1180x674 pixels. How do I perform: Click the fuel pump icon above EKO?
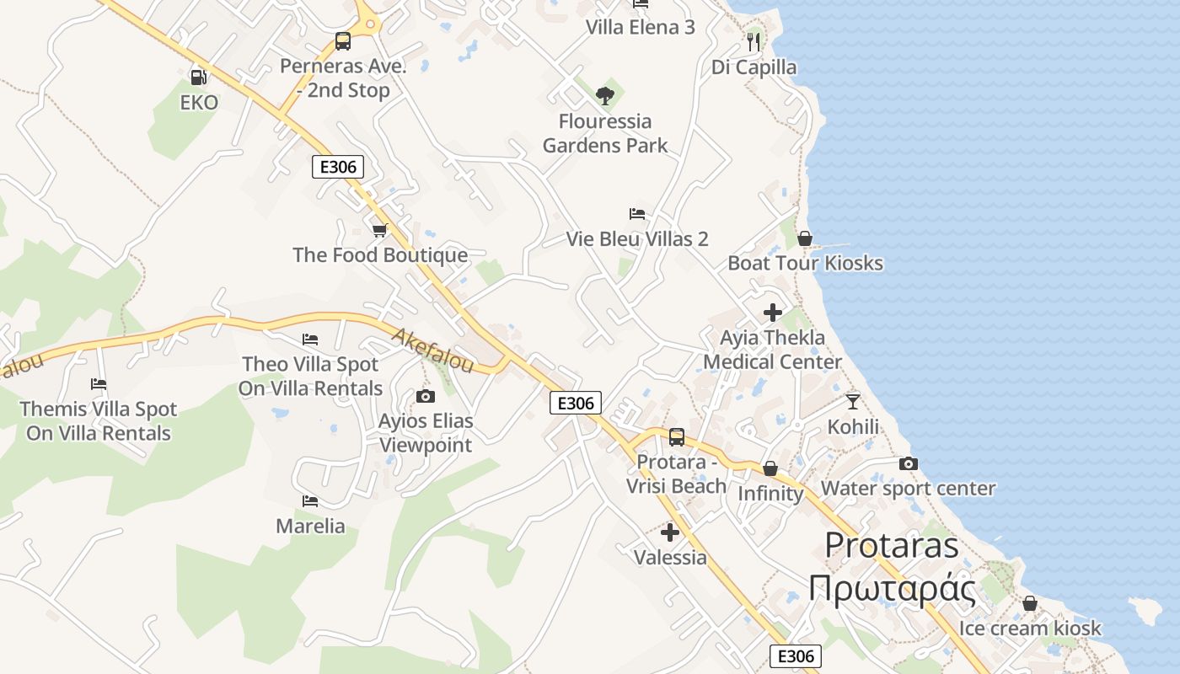199,78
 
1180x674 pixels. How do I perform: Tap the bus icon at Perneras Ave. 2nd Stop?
343,40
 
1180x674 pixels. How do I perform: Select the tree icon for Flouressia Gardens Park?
604,96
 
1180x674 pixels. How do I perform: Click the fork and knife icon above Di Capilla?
754,41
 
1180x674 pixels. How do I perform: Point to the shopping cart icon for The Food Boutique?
380,230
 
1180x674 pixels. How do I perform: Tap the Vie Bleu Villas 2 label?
637,239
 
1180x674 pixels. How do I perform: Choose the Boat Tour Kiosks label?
805,263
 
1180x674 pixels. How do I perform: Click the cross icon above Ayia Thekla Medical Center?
772,313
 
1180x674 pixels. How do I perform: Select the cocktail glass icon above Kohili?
853,401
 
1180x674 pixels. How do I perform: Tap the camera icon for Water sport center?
908,463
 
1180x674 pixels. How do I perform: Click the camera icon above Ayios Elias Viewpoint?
426,396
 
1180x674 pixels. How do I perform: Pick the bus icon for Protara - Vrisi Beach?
677,436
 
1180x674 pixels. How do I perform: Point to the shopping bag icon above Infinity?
770,468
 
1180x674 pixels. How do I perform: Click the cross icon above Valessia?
670,532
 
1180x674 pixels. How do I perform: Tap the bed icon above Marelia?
310,501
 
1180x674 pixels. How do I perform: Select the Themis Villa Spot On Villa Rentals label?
99,421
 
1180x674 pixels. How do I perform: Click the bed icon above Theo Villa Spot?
310,340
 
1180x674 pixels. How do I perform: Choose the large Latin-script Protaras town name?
892,545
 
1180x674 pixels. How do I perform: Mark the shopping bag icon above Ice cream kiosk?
1029,603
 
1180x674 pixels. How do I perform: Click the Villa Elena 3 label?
641,27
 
